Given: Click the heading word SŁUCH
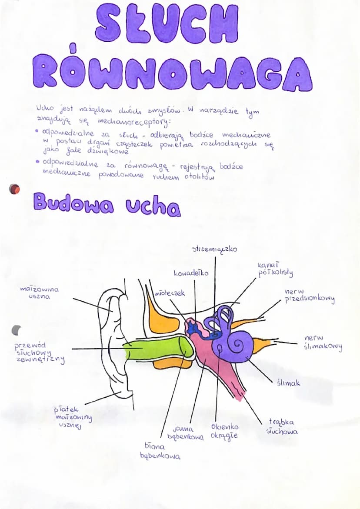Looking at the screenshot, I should (167, 24).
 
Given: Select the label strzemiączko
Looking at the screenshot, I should (214, 250).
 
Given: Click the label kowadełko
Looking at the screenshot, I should (191, 273).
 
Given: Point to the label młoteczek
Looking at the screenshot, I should (170, 293).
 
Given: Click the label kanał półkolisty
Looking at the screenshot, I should (275, 269).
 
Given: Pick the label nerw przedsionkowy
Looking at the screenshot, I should (310, 296).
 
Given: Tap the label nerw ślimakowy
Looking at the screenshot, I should (323, 342).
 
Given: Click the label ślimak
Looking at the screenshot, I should (288, 383).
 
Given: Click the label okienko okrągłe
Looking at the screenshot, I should (224, 431).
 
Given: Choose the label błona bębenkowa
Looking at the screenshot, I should (160, 451).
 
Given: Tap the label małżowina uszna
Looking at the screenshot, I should (40, 293).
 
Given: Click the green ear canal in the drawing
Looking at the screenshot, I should (157, 349).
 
